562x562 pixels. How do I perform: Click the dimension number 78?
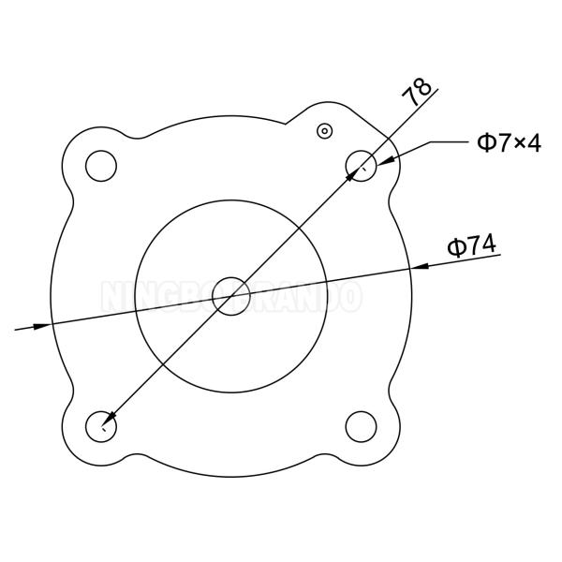tap(418, 90)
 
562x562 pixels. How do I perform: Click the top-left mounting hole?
tap(98, 165)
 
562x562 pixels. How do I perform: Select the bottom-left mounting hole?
tap(99, 426)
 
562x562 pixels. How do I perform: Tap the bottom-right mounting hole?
tap(360, 426)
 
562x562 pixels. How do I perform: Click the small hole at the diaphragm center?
tap(229, 296)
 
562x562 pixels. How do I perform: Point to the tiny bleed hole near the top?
tap(324, 130)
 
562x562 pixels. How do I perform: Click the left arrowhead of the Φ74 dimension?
tap(42, 326)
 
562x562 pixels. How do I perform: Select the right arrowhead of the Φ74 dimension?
tap(421, 266)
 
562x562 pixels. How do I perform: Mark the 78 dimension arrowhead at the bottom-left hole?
tap(110, 418)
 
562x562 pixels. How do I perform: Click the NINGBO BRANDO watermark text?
tap(229, 297)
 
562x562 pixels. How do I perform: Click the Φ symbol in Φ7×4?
tap(485, 142)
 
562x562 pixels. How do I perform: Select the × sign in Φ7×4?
tap(514, 143)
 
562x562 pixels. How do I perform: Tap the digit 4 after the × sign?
tap(531, 142)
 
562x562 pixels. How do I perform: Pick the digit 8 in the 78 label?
tap(423, 85)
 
